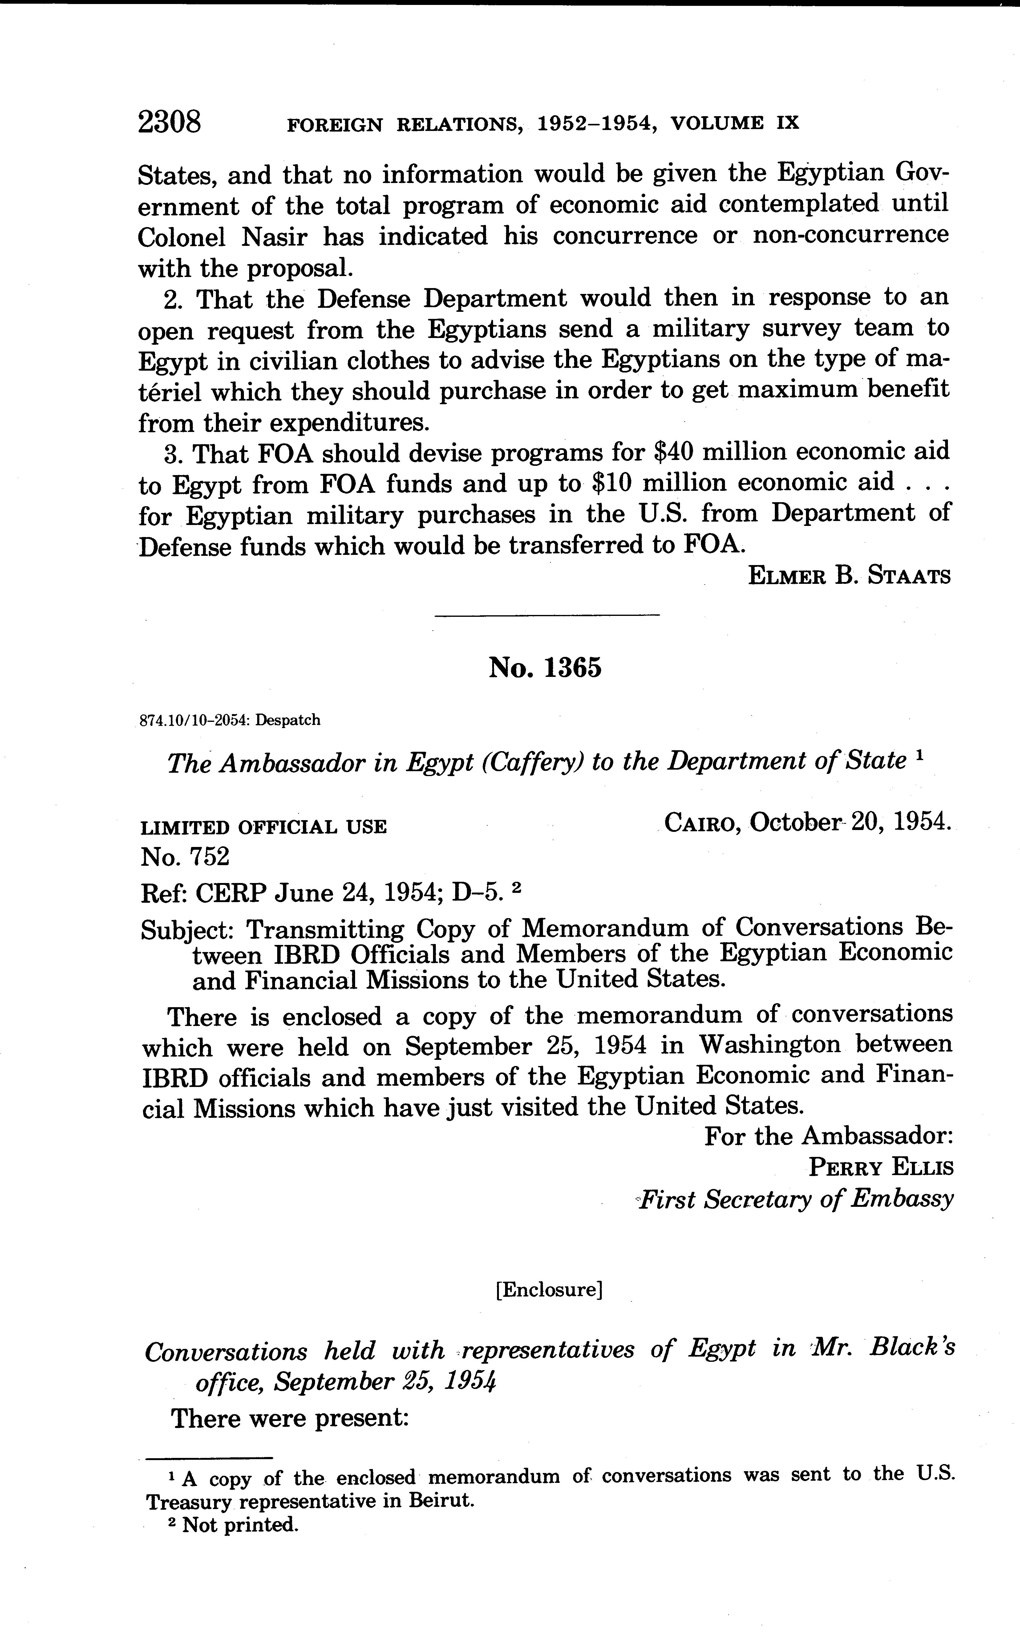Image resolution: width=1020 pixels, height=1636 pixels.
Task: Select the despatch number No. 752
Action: coord(185,857)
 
